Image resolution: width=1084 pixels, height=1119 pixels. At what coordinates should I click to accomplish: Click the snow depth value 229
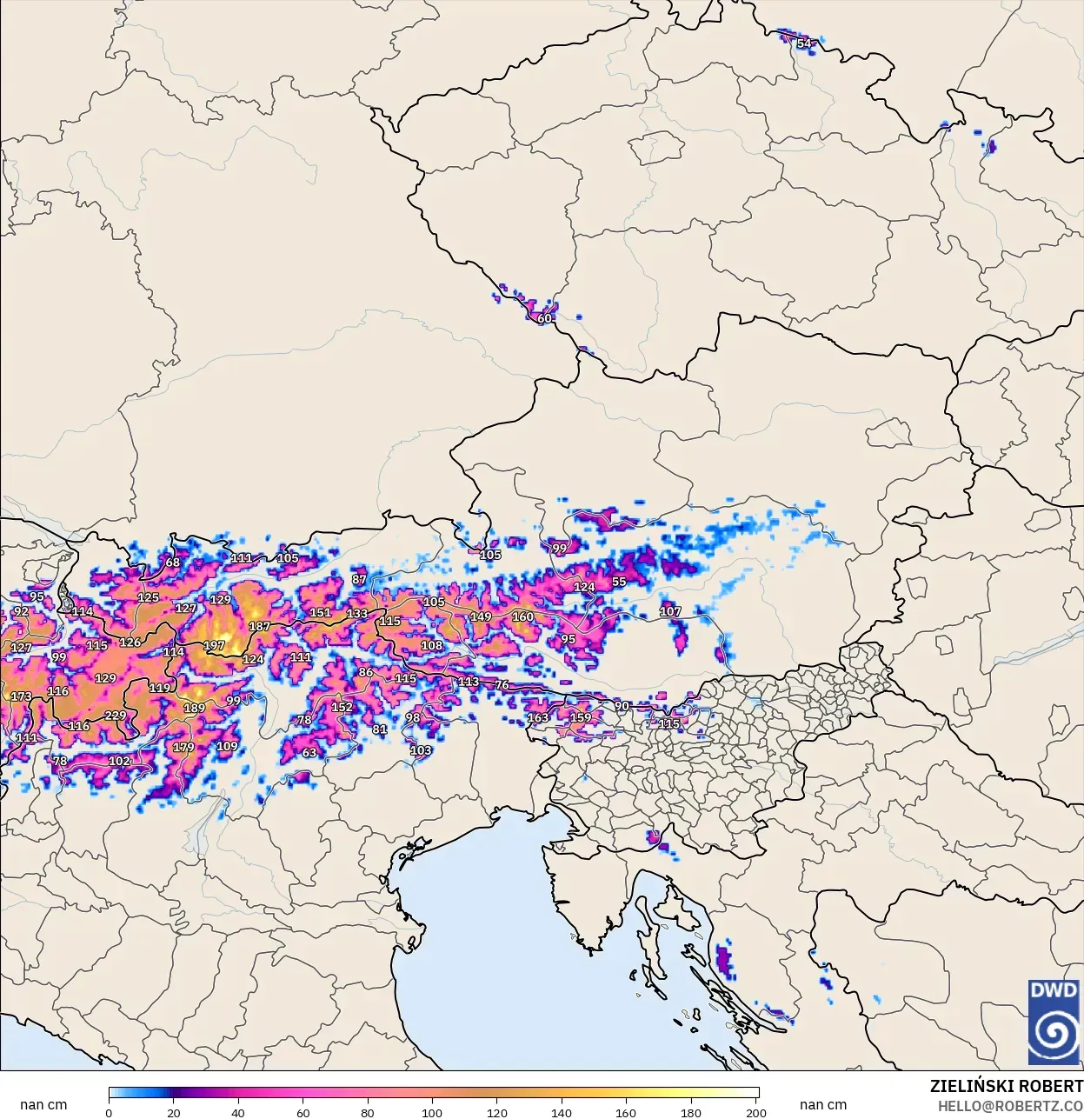(x=116, y=716)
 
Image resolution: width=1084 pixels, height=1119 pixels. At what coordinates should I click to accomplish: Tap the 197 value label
(x=214, y=645)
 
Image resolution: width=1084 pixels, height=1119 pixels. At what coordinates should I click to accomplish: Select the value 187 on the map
(x=259, y=626)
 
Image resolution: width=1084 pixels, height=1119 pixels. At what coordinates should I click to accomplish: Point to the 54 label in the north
(x=804, y=43)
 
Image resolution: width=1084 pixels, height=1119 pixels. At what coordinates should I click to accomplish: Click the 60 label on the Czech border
(x=544, y=318)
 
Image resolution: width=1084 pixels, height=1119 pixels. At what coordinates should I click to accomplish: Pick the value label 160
(x=522, y=616)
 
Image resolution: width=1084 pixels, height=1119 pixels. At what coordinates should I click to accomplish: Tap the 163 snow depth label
(x=538, y=717)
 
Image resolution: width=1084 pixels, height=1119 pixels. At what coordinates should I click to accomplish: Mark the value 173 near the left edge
(x=21, y=696)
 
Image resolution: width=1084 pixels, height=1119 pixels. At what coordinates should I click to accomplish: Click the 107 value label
(x=670, y=611)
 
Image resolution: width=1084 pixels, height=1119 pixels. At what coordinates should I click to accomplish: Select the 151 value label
(x=320, y=612)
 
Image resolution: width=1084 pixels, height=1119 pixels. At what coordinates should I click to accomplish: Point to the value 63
(x=309, y=752)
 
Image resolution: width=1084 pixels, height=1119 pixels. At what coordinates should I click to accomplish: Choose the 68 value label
(x=173, y=563)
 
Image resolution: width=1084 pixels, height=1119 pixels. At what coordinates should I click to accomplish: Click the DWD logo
(x=1053, y=1022)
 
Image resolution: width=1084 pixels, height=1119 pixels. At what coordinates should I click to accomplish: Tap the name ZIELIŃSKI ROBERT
(x=1006, y=1086)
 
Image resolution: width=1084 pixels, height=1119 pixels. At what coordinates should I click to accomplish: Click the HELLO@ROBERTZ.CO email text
(x=1010, y=1106)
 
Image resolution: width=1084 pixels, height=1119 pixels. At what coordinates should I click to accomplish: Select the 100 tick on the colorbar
(x=432, y=1112)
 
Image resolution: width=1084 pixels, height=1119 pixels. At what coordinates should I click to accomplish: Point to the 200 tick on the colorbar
(x=756, y=1112)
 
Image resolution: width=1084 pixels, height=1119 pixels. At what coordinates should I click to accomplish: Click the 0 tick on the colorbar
(x=109, y=1112)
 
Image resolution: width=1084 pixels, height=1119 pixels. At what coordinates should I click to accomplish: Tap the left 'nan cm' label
(x=43, y=1104)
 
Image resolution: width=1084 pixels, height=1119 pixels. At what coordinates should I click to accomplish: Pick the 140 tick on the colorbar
(x=562, y=1112)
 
